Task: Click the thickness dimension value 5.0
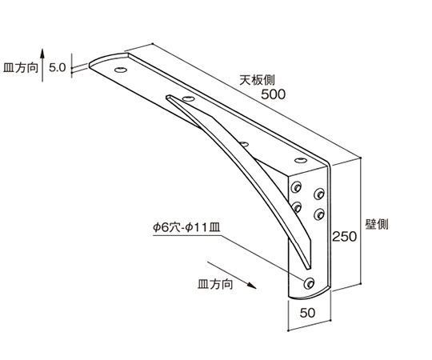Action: pyautogui.click(x=58, y=67)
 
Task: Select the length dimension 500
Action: pyautogui.click(x=273, y=94)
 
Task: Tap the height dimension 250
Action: pyautogui.click(x=344, y=237)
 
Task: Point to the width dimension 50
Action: pyautogui.click(x=307, y=313)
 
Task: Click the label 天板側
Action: pyautogui.click(x=257, y=80)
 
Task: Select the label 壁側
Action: pyautogui.click(x=377, y=224)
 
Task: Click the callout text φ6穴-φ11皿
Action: pyautogui.click(x=186, y=227)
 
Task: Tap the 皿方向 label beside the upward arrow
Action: pyautogui.click(x=21, y=67)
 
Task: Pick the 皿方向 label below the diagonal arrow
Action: pyautogui.click(x=215, y=284)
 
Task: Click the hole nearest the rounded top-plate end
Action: pyautogui.click(x=121, y=70)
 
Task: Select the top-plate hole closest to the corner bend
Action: pyautogui.click(x=300, y=160)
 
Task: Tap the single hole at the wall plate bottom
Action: pyautogui.click(x=309, y=283)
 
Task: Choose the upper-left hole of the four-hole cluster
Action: pyautogui.click(x=296, y=187)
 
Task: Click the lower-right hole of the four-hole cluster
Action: pyautogui.click(x=319, y=214)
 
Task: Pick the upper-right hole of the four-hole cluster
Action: pyautogui.click(x=319, y=194)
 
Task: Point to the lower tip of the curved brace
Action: pyautogui.click(x=308, y=268)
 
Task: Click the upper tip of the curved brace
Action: pyautogui.click(x=168, y=97)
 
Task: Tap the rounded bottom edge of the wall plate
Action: pyautogui.click(x=309, y=295)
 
